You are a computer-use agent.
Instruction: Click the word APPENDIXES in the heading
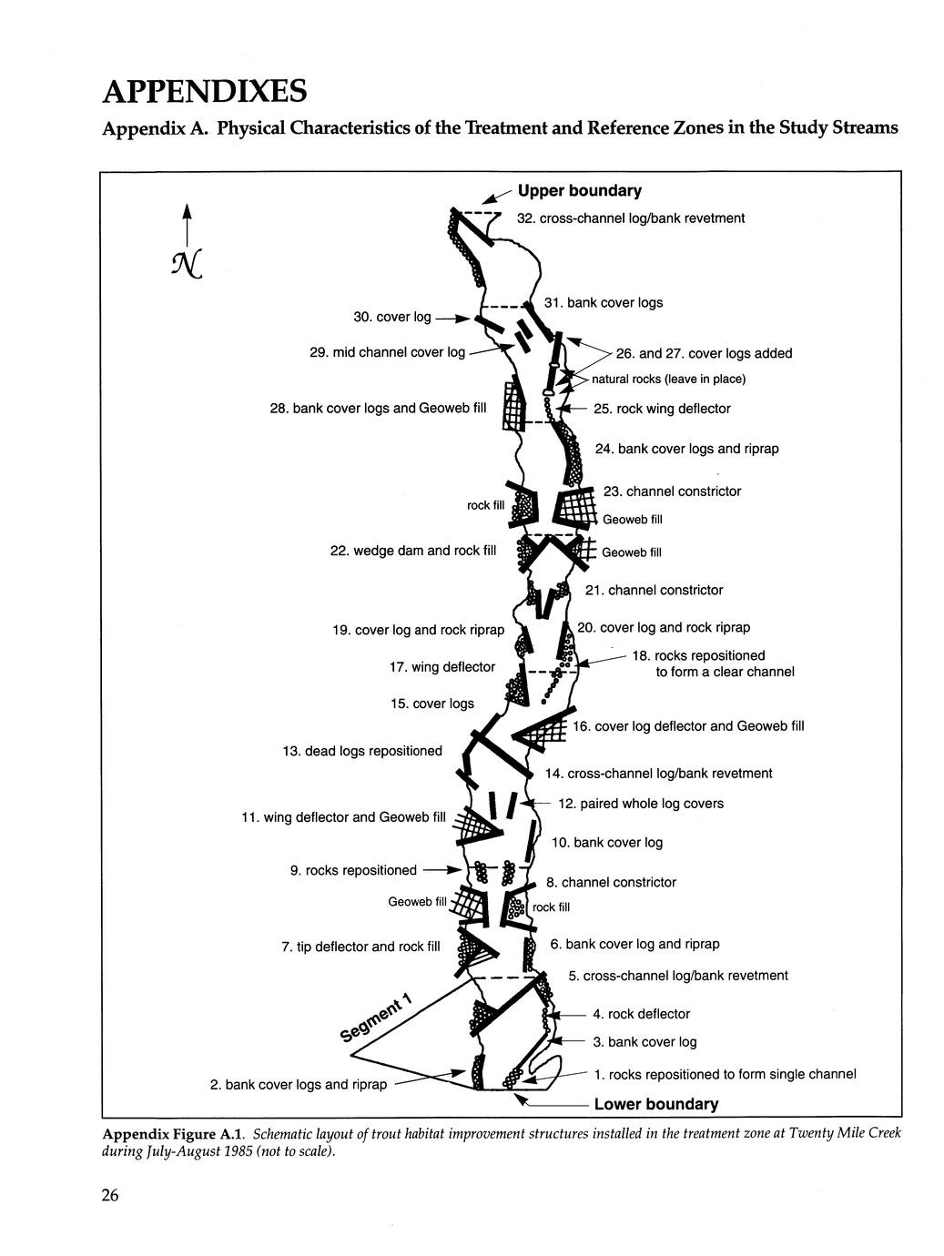204,92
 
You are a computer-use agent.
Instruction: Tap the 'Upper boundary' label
579,191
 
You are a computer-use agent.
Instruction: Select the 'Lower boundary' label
655,1105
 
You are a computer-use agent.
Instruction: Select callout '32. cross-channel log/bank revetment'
630,218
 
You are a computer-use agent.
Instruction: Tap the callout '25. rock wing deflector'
662,409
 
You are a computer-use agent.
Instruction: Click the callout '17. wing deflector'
442,667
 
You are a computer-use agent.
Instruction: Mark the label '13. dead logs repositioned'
361,751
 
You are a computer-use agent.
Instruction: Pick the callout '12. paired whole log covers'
641,804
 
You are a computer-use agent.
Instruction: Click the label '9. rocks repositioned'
353,871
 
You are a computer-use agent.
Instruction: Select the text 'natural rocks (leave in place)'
668,379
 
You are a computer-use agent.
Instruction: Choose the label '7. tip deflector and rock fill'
360,947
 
